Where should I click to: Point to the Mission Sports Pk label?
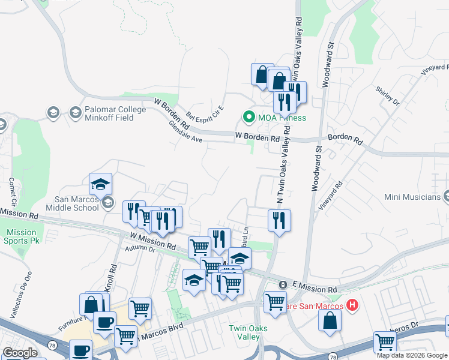[x=22, y=236]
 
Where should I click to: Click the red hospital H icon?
[x=352, y=305]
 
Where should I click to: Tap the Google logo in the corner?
[x=20, y=353]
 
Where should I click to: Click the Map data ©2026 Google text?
[x=412, y=355]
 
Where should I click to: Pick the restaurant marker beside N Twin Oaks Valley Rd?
[x=279, y=220]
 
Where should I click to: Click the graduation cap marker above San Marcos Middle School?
[x=101, y=183]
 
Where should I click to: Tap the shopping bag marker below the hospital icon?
[x=330, y=320]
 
